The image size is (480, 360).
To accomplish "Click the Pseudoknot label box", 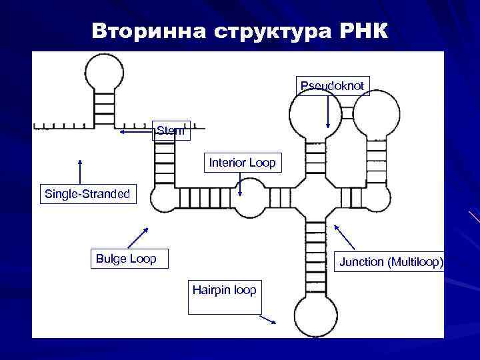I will [x=332, y=86].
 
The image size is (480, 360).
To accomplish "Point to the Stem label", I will [x=172, y=131].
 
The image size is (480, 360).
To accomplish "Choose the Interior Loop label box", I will [x=242, y=163].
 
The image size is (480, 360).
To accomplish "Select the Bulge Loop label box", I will [x=127, y=259].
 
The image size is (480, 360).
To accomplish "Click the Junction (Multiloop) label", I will [x=391, y=262].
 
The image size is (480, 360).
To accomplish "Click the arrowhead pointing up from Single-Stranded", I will [x=80, y=161].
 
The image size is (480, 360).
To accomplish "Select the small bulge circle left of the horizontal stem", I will [x=164, y=199].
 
